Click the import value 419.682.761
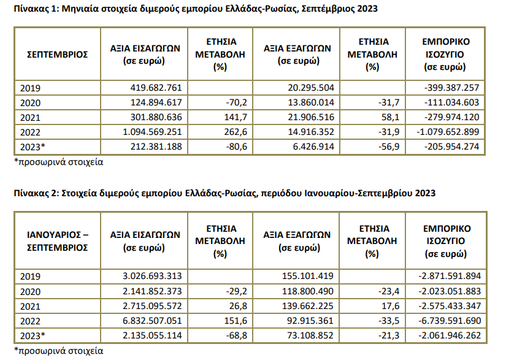pos(156,88)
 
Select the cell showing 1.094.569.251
pos(152,132)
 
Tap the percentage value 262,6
pos(236,132)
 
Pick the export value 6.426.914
pos(313,147)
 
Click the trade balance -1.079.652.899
pos(448,132)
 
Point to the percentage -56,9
pos(389,147)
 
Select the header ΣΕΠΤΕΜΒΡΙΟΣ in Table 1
pos(58,54)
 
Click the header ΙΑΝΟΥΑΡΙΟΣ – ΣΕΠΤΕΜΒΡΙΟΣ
pos(58,241)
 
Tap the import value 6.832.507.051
pos(152,321)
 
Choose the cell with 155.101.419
pos(307,276)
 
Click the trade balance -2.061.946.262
pos(450,335)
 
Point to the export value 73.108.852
pos(310,335)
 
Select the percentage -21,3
pos(389,335)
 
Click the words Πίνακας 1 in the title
pos(36,9)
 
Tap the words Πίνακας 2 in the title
pos(36,193)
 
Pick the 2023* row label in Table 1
pos(33,147)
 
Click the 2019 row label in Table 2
pos(30,277)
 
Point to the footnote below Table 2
pos(59,351)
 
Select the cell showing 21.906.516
pos(311,117)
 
